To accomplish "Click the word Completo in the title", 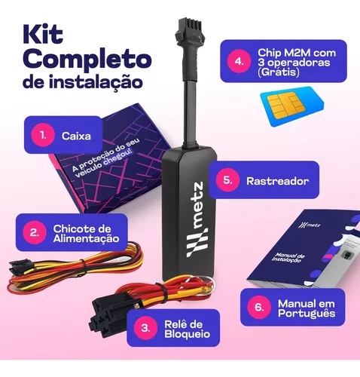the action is pos(87,60).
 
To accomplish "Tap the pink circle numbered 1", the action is pos(43,135).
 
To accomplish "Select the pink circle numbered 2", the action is pos(35,232).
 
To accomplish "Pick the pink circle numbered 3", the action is pos(145,328).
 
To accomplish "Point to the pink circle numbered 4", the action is pos(239,61).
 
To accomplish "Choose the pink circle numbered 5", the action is pos(227,180).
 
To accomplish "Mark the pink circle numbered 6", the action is pos(259,307).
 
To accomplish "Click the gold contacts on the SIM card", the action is pos(286,105).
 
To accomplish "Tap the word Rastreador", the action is pos(278,181).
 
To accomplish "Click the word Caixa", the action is pos(76,136).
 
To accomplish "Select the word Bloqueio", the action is pos(187,334).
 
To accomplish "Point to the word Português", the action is pos(307,314).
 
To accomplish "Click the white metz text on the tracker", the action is pos(196,205).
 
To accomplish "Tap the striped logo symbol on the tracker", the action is pos(197,243).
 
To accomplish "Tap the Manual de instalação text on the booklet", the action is pos(288,258).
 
